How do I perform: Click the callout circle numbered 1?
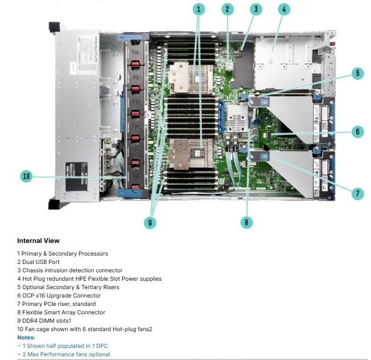pyautogui.click(x=198, y=9)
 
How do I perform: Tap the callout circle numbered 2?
pyautogui.click(x=227, y=9)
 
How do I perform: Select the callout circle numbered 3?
pyautogui.click(x=255, y=9)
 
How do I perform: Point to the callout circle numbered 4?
pyautogui.click(x=285, y=9)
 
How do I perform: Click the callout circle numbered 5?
pyautogui.click(x=357, y=73)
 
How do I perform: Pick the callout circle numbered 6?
pyautogui.click(x=357, y=132)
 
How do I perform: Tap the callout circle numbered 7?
pyautogui.click(x=357, y=194)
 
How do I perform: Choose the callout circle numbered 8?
pyautogui.click(x=246, y=222)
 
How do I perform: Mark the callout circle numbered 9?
pyautogui.click(x=150, y=222)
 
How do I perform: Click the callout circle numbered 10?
pyautogui.click(x=27, y=176)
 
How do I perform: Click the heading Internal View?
pyautogui.click(x=38, y=241)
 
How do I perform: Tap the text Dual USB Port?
pyautogui.click(x=41, y=262)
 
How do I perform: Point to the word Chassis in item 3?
pyautogui.click(x=33, y=270)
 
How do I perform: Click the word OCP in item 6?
pyautogui.click(x=28, y=296)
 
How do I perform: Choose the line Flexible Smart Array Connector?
pyautogui.click(x=63, y=312)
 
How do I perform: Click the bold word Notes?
pyautogui.click(x=26, y=337)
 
